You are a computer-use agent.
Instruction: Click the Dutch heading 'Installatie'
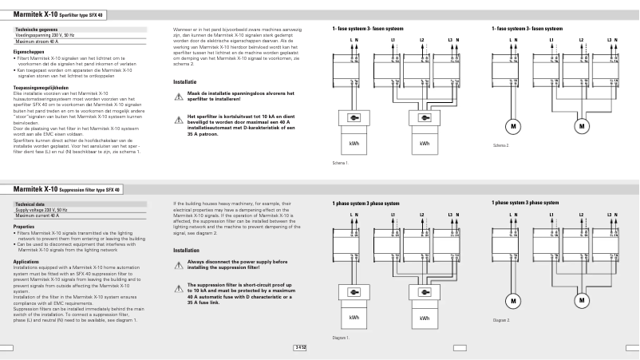point(185,81)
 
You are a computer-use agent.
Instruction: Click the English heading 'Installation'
point(186,250)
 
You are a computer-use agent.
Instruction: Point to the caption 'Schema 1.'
point(342,163)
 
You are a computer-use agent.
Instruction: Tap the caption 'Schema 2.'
point(500,145)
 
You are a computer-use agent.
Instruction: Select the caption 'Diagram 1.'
point(342,338)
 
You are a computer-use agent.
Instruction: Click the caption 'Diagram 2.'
point(501,320)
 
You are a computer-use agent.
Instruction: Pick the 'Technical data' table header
point(30,204)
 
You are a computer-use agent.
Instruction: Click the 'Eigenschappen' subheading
point(29,52)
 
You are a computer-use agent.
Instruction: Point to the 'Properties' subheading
point(24,227)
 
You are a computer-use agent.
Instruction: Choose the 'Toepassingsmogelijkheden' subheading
point(40,87)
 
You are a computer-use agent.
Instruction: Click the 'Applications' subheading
point(26,261)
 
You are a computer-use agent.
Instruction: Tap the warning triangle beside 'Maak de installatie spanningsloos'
point(179,96)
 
